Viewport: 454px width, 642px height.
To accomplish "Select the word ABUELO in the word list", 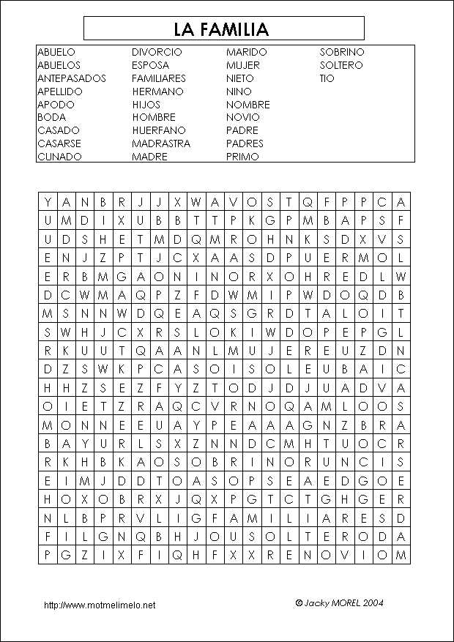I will coord(56,52).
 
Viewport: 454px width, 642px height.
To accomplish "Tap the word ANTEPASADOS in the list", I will coord(72,78).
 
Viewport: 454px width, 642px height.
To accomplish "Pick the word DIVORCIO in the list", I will coord(157,52).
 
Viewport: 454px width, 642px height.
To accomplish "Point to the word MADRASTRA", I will coord(161,143).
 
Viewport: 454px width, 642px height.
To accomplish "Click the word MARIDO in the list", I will coord(247,52).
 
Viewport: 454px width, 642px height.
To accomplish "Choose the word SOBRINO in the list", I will coord(341,52).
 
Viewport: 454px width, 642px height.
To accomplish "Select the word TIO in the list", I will coord(327,78).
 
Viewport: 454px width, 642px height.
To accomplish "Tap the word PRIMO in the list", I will coord(242,157).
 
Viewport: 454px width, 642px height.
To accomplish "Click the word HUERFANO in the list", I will coord(159,130).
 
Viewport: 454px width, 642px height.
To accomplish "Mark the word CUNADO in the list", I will coord(59,157).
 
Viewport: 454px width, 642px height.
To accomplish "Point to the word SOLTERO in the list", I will coord(340,65).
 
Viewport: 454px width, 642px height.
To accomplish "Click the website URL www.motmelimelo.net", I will coord(100,605).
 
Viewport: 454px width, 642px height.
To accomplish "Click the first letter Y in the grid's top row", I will coord(48,202).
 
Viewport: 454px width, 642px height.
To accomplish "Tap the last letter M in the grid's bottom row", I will coord(401,555).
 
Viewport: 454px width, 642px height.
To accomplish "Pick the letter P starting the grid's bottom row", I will coord(48,555).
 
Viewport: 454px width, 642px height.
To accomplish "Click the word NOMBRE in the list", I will coord(248,105).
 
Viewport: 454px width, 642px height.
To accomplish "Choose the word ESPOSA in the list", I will coord(151,65).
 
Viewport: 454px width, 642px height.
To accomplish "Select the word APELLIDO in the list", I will coord(60,92).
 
